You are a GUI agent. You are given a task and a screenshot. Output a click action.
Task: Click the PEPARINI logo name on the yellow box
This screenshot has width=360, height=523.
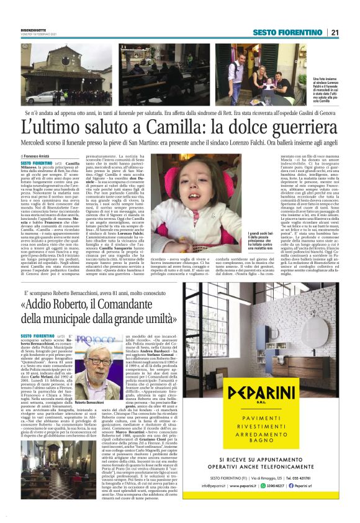coord(272,394)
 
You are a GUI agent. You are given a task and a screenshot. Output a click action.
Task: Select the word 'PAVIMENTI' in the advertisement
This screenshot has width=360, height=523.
coord(271,421)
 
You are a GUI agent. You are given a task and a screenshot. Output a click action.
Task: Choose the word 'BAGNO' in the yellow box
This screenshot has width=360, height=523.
coord(271,443)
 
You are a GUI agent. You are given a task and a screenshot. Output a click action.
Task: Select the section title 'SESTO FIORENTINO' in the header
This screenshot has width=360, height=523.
coord(287,32)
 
